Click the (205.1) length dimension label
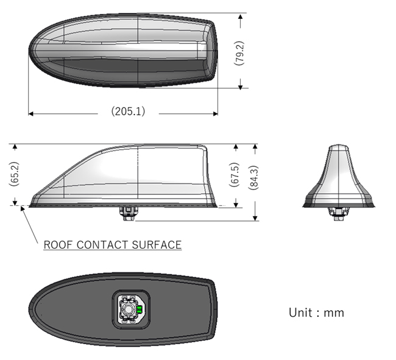pos(129,111)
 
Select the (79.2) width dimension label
pos(239,53)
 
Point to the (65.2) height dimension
pos(14,174)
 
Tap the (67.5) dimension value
pos(234,175)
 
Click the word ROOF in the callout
pos(58,245)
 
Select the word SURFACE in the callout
pos(157,245)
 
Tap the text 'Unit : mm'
pos(316,312)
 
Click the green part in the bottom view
pos(139,309)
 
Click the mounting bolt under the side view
pos(129,214)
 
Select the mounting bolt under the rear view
pos(339,214)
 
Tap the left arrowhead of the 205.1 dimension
pos(31,114)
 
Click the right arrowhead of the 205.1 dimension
pos(215,114)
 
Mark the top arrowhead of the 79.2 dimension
pos(241,16)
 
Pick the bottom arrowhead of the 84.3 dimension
pos(255,218)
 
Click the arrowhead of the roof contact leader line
pos(22,208)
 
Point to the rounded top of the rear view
pos(339,147)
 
